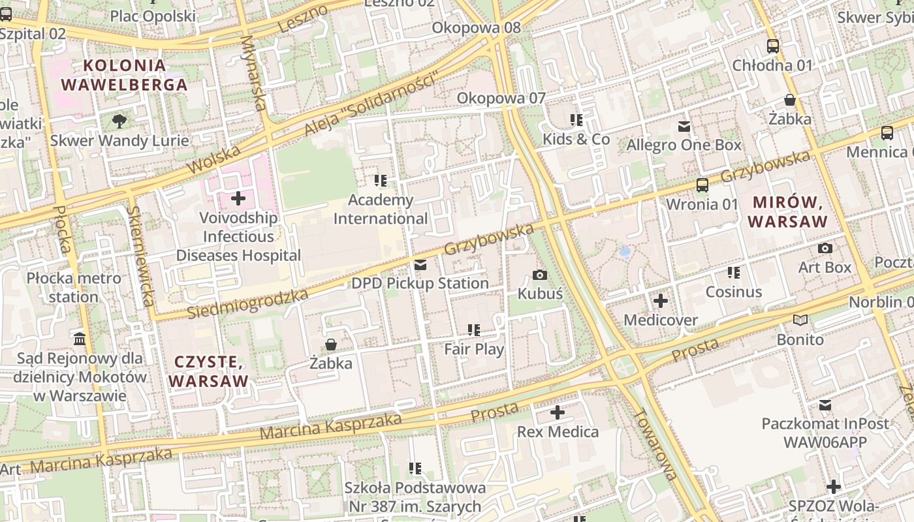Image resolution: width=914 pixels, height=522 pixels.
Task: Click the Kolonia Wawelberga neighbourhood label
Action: click(x=124, y=75)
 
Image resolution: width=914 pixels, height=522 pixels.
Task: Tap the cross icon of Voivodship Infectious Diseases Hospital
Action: click(x=238, y=198)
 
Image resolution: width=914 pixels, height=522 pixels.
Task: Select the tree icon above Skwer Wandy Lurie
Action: click(x=119, y=121)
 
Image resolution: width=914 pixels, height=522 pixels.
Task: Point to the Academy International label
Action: click(x=381, y=209)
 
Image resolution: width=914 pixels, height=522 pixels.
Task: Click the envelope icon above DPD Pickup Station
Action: click(x=420, y=265)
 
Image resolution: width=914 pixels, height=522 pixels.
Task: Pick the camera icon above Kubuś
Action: click(x=540, y=275)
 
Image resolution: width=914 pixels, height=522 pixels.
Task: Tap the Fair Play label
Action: click(x=474, y=349)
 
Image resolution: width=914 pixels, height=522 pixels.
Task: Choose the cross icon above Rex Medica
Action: click(x=558, y=412)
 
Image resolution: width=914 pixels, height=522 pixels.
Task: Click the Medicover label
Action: click(x=661, y=320)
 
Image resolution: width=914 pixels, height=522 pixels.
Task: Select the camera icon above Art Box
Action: click(x=825, y=249)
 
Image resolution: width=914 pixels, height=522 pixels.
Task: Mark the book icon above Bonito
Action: click(x=800, y=320)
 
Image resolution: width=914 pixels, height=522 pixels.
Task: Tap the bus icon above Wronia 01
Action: click(x=702, y=185)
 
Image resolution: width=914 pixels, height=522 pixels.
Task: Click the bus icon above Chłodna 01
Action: click(x=773, y=46)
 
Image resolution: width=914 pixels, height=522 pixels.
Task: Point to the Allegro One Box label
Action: click(x=684, y=145)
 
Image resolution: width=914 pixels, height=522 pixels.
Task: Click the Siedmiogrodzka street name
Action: click(x=247, y=304)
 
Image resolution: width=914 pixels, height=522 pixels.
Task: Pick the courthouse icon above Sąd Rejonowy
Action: click(x=80, y=339)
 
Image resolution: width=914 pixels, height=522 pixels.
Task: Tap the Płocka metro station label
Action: click(x=74, y=288)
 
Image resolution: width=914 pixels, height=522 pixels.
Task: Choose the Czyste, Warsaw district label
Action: click(x=209, y=371)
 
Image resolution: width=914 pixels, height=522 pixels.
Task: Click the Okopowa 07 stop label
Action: click(x=501, y=98)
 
